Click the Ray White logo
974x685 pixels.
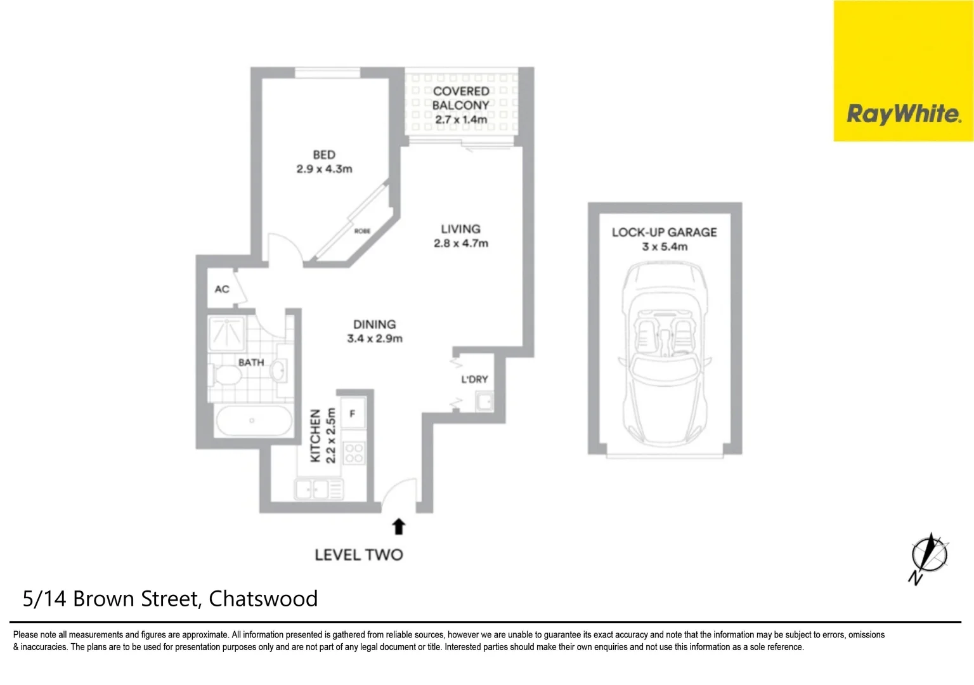(x=903, y=114)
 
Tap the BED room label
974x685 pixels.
(x=324, y=155)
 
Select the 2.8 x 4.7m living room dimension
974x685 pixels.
(x=461, y=244)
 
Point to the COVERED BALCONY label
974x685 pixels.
(x=461, y=98)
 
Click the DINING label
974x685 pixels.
(x=375, y=324)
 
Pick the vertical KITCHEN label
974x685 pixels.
(x=315, y=436)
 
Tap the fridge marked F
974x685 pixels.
(x=353, y=414)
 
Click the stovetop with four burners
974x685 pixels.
(x=353, y=453)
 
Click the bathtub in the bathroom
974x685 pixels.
(x=253, y=421)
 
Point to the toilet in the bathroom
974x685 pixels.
(x=225, y=375)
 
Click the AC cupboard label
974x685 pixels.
(x=222, y=289)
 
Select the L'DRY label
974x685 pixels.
(x=474, y=379)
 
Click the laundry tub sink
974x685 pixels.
(x=484, y=402)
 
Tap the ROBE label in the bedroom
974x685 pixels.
(x=362, y=231)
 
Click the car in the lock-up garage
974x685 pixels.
(x=664, y=355)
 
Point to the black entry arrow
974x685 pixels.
(x=399, y=526)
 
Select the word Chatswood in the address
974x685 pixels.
(x=263, y=599)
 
